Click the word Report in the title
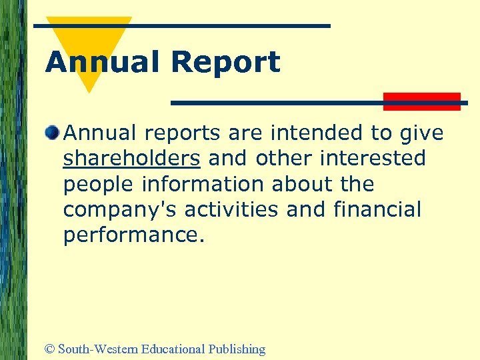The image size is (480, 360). coord(225,63)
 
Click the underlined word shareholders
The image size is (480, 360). coord(131,159)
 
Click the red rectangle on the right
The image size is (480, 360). coord(421,101)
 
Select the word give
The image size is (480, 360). coord(421,134)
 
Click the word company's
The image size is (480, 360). coord(120,210)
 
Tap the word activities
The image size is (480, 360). coord(231,209)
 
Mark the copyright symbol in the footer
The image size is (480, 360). coord(49,349)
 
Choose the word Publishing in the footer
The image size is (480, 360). coord(237,349)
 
